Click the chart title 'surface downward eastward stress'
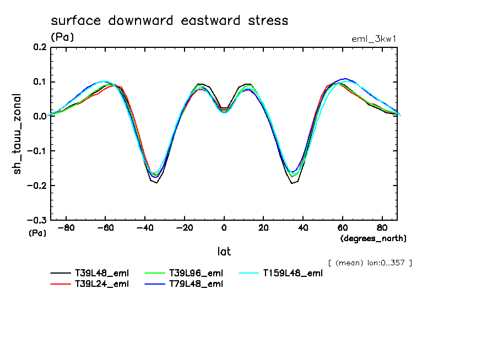coord(169,21)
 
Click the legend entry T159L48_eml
coord(292,273)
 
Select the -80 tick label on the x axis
coord(66,227)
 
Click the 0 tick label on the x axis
coord(224,227)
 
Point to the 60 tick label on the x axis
coord(342,227)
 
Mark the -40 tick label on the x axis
coord(145,227)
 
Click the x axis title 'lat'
coord(224,252)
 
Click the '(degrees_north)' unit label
coord(373,238)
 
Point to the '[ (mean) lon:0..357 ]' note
coord(370,263)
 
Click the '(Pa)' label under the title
coord(62,37)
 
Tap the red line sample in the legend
coord(60,284)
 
